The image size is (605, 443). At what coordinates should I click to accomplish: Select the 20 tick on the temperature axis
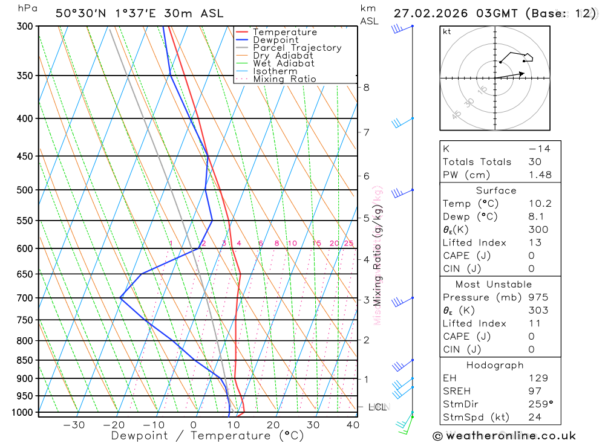tap(273, 425)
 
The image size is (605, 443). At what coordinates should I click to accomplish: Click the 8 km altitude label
tap(366, 87)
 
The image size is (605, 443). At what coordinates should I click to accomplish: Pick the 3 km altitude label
tap(366, 300)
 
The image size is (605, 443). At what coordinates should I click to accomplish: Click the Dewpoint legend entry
tap(275, 40)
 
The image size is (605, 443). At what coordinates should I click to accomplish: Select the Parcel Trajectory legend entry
tap(296, 48)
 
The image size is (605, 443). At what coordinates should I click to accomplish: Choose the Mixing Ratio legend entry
tap(284, 79)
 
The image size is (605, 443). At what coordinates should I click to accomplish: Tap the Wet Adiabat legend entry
tap(283, 63)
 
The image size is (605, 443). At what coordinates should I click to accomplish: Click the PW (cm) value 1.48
tap(540, 175)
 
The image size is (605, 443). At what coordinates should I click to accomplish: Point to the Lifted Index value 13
tap(535, 242)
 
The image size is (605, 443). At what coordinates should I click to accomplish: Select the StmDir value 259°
tap(540, 404)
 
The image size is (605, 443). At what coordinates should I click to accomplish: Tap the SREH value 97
tap(535, 391)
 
